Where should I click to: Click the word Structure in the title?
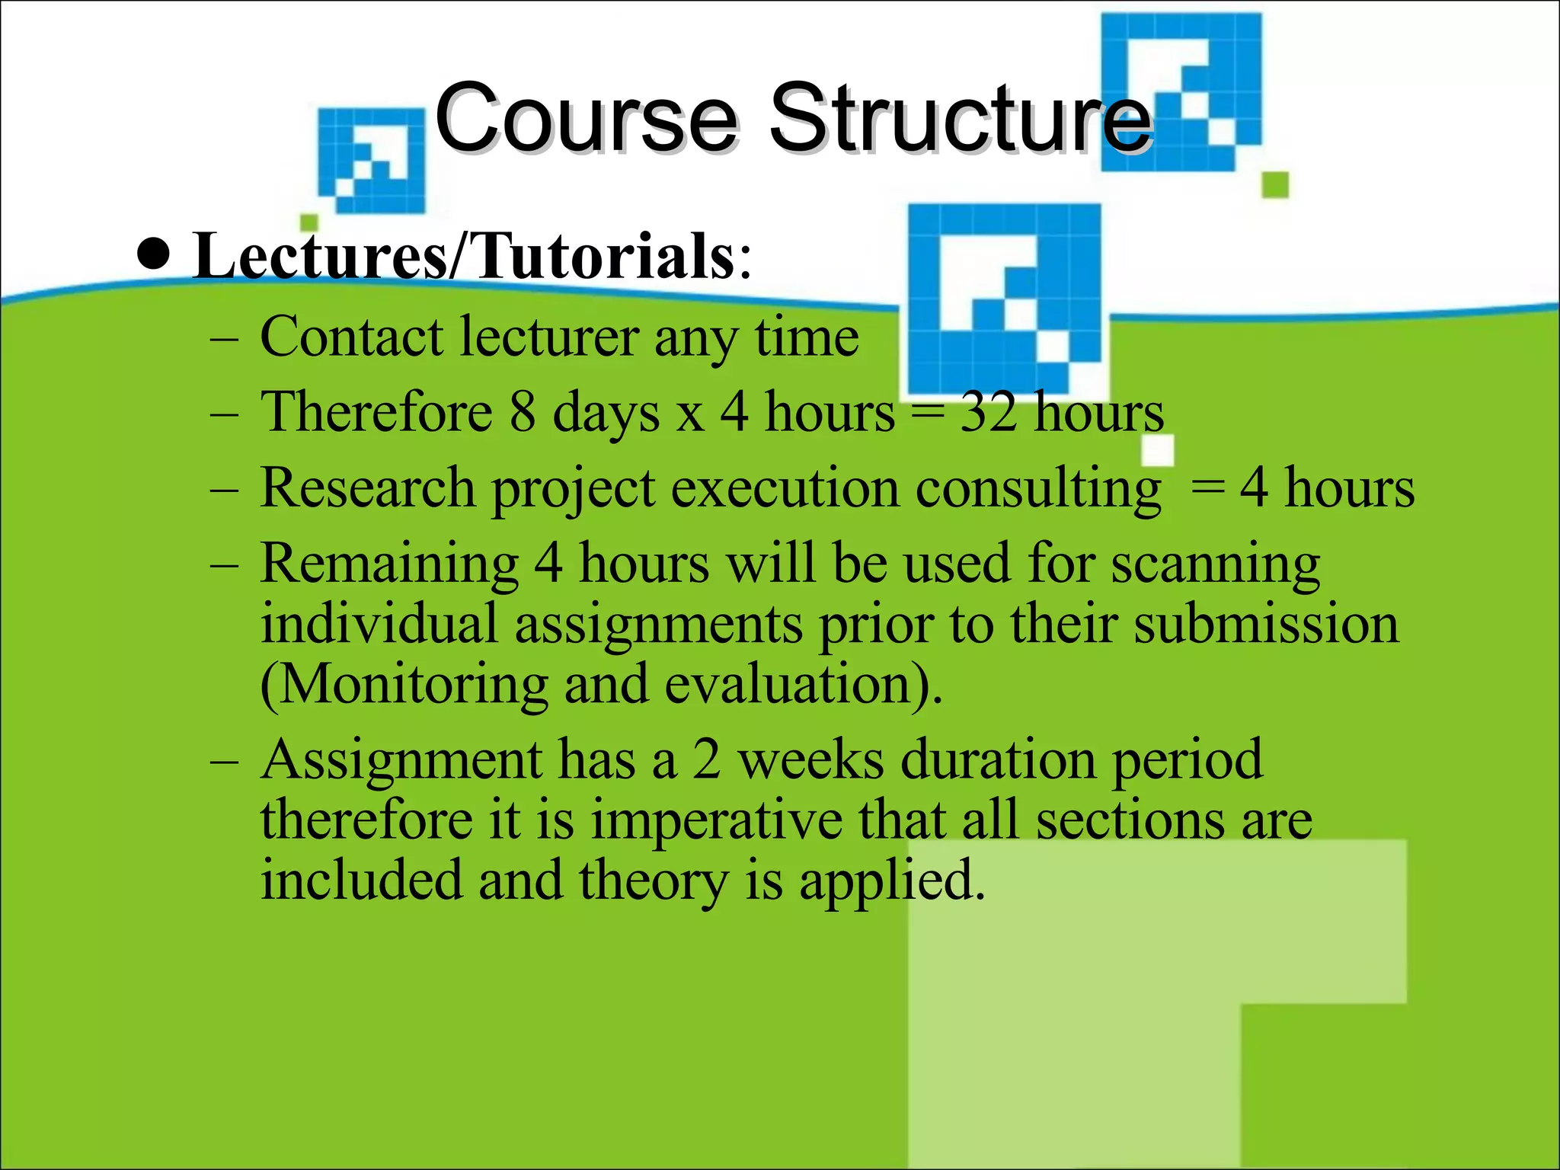(960, 118)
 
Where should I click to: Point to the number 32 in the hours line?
(989, 412)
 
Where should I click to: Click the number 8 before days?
(522, 412)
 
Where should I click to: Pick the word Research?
(367, 488)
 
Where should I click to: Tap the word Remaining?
(389, 564)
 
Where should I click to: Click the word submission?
(1266, 625)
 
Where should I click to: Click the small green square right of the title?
(1275, 184)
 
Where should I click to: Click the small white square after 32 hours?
(1158, 450)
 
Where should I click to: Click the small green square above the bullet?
(308, 222)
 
